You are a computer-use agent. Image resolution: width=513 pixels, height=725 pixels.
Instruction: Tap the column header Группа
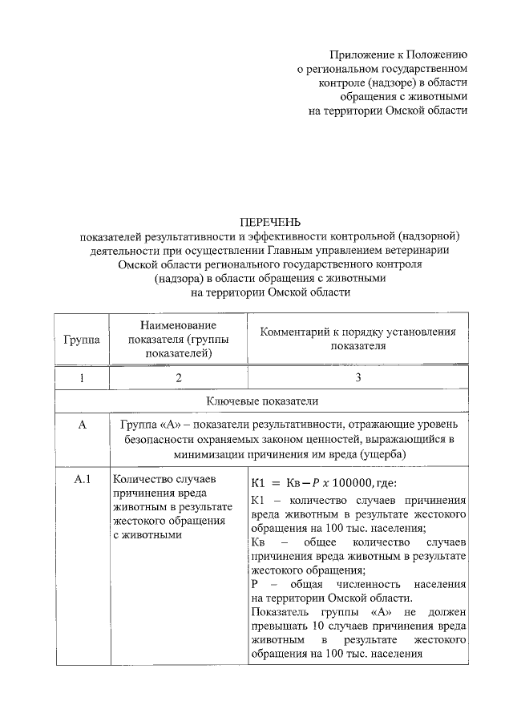pos(81,339)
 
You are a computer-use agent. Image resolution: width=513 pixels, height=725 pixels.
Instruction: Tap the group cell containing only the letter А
pos(81,425)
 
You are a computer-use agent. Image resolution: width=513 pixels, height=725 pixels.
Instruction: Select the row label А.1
pos(81,481)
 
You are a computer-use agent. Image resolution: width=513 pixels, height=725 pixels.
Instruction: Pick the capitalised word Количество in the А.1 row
pos(140,481)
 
